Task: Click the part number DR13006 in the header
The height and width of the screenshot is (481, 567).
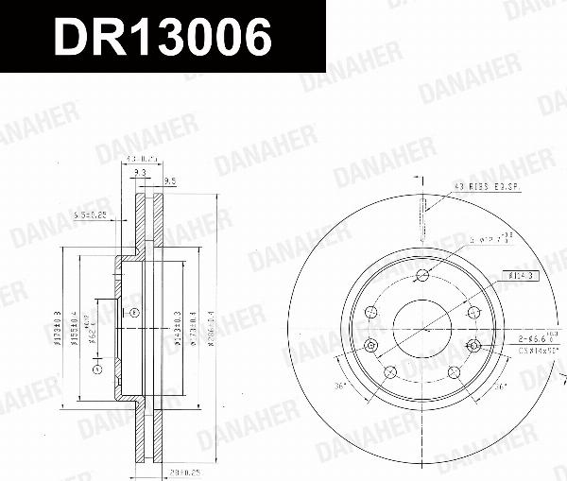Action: tap(162, 37)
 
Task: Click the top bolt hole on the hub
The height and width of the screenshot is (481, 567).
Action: tap(422, 275)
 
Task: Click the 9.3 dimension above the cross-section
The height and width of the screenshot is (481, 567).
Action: tap(140, 174)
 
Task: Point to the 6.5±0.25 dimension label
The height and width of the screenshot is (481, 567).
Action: tap(90, 216)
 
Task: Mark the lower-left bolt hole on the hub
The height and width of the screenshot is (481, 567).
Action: tap(389, 372)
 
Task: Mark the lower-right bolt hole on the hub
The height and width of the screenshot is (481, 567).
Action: tap(454, 372)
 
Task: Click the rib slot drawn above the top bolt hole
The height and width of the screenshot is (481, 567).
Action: tap(422, 227)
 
